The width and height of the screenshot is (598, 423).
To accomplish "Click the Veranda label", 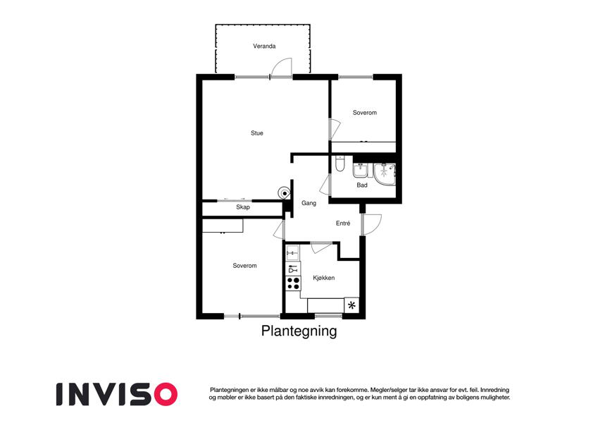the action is coord(264,47).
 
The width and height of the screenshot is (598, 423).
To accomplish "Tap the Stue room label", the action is coord(257,133).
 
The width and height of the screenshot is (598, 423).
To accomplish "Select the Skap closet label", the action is coord(243,207).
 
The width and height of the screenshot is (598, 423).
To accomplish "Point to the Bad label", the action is coord(362,185).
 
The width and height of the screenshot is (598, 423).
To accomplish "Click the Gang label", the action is coord(309,203).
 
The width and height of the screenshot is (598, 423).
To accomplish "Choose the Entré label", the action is coord(343,223).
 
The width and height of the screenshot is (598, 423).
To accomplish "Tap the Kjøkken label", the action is coord(324,278).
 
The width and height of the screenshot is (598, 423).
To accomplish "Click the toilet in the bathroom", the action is coord(340,163).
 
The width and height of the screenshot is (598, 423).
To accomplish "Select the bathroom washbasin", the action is coord(361,170).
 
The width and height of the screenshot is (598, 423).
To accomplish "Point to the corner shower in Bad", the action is coord(385,173).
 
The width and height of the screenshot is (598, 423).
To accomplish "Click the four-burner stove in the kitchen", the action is coord(293,283).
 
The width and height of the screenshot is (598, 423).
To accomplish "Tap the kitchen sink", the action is coord(292,252).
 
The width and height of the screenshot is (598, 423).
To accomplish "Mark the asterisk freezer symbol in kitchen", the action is coord(351,305).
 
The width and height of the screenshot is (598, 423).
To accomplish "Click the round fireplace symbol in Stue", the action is coord(285,193).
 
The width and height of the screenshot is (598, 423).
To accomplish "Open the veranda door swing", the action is coord(282,68).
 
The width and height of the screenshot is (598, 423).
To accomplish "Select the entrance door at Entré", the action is coord(371,224).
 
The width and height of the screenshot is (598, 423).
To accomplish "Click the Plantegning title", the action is coord(299,331).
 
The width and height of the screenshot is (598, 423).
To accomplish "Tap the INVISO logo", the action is coord(117,394).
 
